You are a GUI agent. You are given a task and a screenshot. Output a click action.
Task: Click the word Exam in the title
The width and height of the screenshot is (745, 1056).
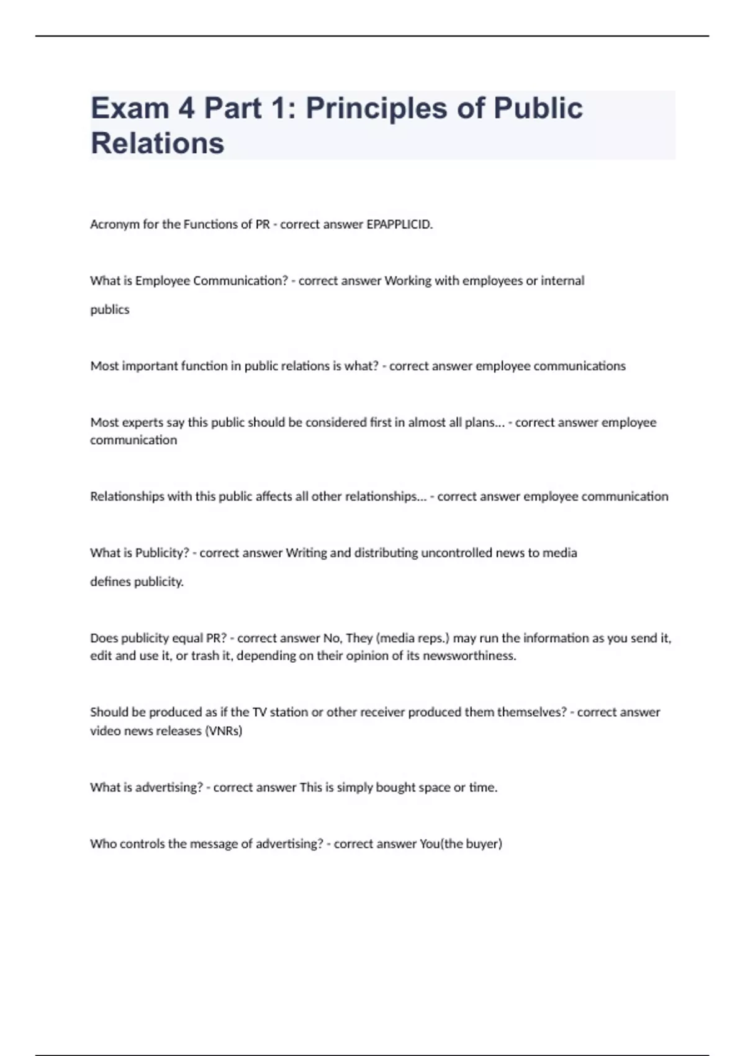pos(130,108)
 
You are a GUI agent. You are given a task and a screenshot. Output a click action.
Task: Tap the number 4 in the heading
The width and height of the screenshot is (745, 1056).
pos(186,108)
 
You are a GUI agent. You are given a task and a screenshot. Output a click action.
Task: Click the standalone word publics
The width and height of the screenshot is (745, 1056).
pos(110,309)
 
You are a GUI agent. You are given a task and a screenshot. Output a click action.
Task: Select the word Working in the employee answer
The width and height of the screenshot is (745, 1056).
pos(408,281)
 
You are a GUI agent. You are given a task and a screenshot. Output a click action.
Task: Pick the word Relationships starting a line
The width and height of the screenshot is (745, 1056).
pos(127,496)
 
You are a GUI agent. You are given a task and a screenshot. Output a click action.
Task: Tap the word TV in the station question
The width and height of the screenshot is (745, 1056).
pos(260,712)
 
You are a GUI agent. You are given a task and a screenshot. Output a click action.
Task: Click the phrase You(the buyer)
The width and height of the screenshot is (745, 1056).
pos(461,844)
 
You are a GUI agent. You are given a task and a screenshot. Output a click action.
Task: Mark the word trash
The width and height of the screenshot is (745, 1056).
pos(204,656)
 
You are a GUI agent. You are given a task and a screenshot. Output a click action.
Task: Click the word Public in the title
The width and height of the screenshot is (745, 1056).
pos(538,108)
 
